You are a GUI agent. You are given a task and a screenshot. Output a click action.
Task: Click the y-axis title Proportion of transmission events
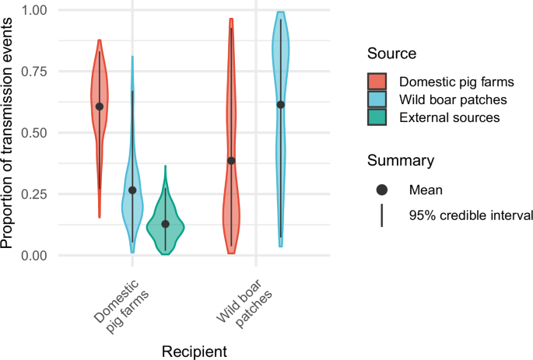point(9,132)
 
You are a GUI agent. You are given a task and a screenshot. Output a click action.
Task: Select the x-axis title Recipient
point(195,351)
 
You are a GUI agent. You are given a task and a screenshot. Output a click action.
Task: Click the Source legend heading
point(392,54)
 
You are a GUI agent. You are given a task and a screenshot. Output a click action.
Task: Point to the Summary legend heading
point(401,161)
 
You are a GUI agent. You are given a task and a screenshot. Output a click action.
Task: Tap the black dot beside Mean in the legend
point(381,190)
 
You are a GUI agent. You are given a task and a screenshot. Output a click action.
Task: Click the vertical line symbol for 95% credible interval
point(381,215)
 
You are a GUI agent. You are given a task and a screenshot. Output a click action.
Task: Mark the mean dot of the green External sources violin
point(165,224)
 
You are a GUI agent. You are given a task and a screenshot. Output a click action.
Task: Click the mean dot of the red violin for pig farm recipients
point(100,107)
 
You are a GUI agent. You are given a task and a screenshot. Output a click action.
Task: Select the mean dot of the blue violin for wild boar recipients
point(281,104)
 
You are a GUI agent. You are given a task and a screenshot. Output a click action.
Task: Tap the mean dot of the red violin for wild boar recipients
point(231,161)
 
